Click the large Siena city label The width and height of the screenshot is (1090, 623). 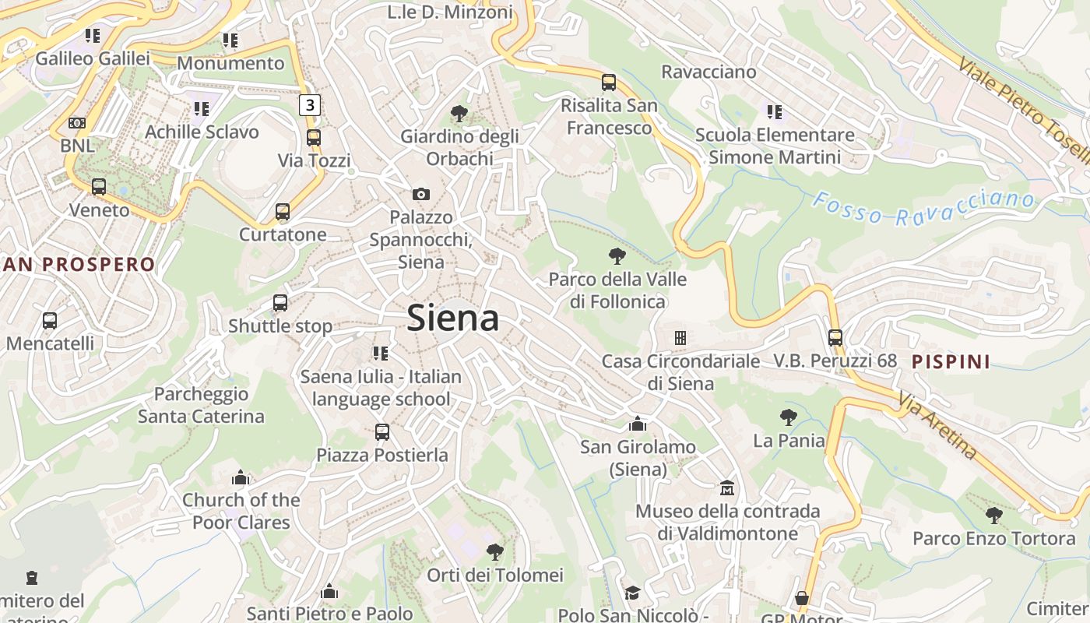pyautogui.click(x=453, y=318)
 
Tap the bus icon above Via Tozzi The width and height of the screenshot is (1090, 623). pyautogui.click(x=313, y=138)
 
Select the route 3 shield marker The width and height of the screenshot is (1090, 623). pyautogui.click(x=310, y=104)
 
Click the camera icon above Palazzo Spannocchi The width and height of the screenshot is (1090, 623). pyautogui.click(x=420, y=194)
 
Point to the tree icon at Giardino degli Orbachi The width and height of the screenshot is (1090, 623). pyautogui.click(x=459, y=114)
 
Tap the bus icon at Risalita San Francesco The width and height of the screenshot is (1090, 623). pyautogui.click(x=609, y=82)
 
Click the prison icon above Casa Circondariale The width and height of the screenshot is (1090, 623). pyautogui.click(x=680, y=338)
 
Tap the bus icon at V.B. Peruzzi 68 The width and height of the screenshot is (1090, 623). pyautogui.click(x=835, y=338)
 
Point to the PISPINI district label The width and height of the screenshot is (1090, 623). pyautogui.click(x=951, y=361)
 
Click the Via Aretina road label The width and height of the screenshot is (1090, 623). pyautogui.click(x=937, y=426)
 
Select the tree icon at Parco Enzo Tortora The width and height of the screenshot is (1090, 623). pyautogui.click(x=993, y=515)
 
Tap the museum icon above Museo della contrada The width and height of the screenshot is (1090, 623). pyautogui.click(x=727, y=488)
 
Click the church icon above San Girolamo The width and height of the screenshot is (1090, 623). pyautogui.click(x=638, y=424)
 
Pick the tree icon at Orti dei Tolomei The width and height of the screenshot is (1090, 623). pyautogui.click(x=494, y=552)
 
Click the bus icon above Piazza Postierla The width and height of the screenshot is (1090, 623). pyautogui.click(x=381, y=431)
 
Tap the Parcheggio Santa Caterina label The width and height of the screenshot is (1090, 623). pyautogui.click(x=201, y=405)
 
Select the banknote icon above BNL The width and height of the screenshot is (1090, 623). pyautogui.click(x=76, y=123)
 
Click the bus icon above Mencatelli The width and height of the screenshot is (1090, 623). pyautogui.click(x=50, y=320)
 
